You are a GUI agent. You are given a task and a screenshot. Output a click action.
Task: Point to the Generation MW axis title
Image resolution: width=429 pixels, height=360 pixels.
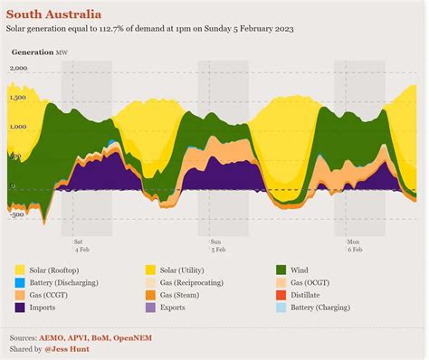[39, 53]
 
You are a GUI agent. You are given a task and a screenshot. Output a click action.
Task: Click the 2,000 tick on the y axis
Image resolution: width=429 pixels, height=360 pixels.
[19, 69]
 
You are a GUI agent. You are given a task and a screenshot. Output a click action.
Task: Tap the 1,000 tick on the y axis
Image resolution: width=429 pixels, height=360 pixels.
[19, 128]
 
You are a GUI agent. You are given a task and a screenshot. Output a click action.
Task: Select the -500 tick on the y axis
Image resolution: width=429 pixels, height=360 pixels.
[17, 215]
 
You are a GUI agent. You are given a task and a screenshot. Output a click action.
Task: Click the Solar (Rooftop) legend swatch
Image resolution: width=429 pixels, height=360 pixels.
[20, 270]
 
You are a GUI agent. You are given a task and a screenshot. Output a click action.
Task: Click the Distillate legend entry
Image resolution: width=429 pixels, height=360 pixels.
[307, 295]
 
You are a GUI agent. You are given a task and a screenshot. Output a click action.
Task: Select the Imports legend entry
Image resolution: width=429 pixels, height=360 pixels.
[46, 308]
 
